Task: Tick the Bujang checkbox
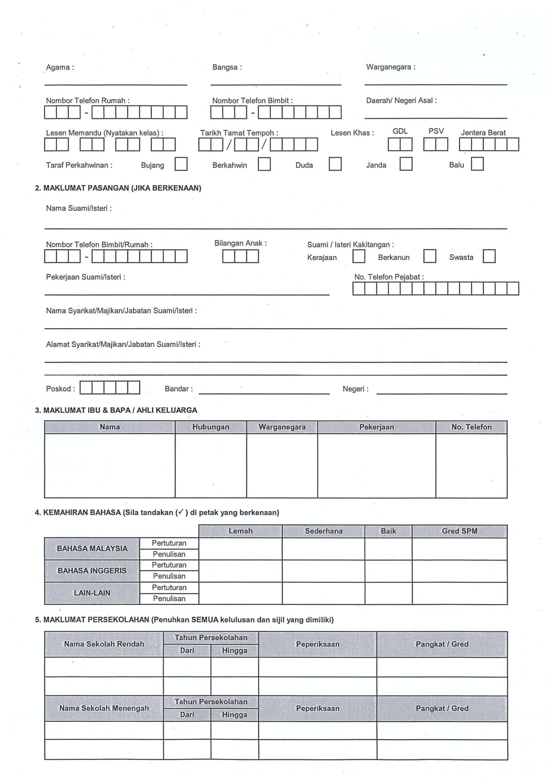pyautogui.click(x=181, y=164)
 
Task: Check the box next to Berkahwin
pyautogui.click(x=264, y=164)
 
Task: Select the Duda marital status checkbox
pyautogui.click(x=335, y=164)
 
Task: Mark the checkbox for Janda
pyautogui.click(x=406, y=164)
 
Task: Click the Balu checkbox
pyautogui.click(x=477, y=164)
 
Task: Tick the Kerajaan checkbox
pyautogui.click(x=359, y=257)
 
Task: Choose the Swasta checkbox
pyautogui.click(x=489, y=257)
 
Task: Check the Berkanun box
pyautogui.click(x=430, y=257)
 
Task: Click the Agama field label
pyautogui.click(x=60, y=67)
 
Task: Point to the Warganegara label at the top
pyautogui.click(x=390, y=67)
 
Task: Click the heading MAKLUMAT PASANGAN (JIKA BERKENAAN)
pyautogui.click(x=118, y=188)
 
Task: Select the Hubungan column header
pyautogui.click(x=210, y=427)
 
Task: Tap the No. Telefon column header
pyautogui.click(x=471, y=427)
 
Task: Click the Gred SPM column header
pyautogui.click(x=459, y=531)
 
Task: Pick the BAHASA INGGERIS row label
pyautogui.click(x=92, y=571)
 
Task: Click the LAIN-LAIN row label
pyautogui.click(x=92, y=593)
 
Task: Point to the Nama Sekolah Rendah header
pyautogui.click(x=104, y=644)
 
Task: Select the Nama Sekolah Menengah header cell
pyautogui.click(x=104, y=709)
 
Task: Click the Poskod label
pyautogui.click(x=60, y=389)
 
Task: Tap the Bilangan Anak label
pyautogui.click(x=240, y=243)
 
